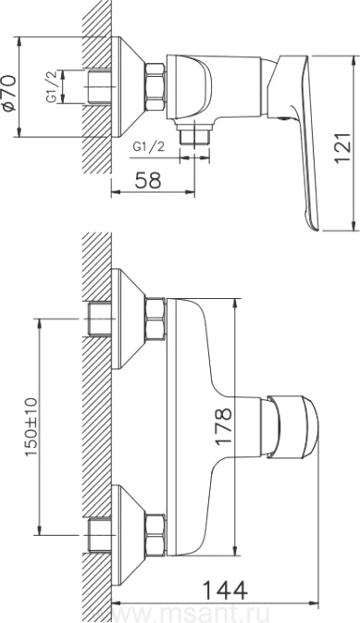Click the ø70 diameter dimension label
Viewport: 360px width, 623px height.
tap(9, 93)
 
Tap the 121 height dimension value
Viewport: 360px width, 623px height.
tap(342, 147)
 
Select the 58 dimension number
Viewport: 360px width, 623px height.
tap(148, 180)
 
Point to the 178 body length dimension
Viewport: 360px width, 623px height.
tap(223, 427)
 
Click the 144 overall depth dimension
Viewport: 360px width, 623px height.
tap(225, 590)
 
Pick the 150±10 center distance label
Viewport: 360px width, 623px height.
tap(31, 427)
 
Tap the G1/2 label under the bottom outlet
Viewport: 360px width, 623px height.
tap(149, 147)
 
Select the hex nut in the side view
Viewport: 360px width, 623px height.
tap(155, 87)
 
